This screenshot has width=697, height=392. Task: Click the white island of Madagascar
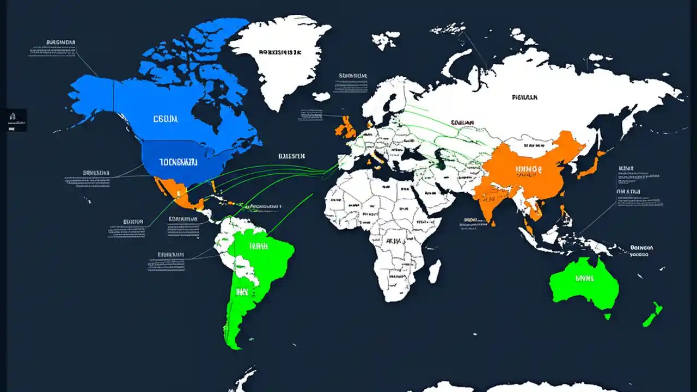(x=434, y=271)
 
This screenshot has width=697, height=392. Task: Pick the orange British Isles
(x=346, y=128)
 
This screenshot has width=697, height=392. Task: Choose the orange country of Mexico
(x=180, y=196)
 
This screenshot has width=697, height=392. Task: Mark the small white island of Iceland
(x=321, y=96)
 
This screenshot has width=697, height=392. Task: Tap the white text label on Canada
(x=165, y=118)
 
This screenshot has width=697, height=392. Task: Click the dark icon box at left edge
(x=13, y=120)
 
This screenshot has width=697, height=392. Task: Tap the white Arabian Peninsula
(x=430, y=199)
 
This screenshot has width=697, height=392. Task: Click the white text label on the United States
(x=178, y=162)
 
